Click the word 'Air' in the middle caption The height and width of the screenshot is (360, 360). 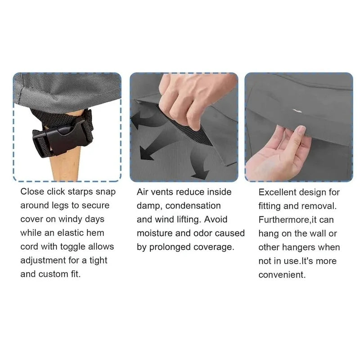pos(142,192)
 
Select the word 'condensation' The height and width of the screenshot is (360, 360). pos(193,206)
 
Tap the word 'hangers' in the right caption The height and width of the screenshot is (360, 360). pos(298,247)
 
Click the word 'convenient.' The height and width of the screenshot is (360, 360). pos(282,275)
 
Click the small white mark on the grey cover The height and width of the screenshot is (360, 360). pos(297,111)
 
